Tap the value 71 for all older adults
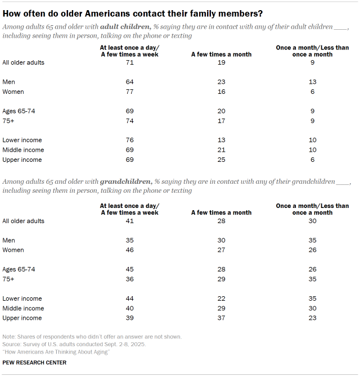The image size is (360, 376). [x=129, y=63]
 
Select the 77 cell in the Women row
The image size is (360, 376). [x=129, y=92]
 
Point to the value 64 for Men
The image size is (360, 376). [x=129, y=82]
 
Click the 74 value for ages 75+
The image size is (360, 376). [x=129, y=121]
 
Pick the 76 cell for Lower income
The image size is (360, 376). [x=129, y=140]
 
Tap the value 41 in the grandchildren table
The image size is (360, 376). [x=129, y=221]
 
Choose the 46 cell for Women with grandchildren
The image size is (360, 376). [x=129, y=250]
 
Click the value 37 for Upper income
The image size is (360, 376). [x=221, y=318]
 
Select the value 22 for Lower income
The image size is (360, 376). [x=221, y=299]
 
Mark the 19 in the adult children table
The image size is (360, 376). [x=221, y=63]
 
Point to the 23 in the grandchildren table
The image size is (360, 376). [x=312, y=318]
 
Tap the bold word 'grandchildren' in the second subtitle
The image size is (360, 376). [x=126, y=182]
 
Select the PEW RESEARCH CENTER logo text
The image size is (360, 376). [x=34, y=363]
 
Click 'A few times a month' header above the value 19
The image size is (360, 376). [x=221, y=55]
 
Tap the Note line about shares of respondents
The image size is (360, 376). [x=92, y=337]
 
